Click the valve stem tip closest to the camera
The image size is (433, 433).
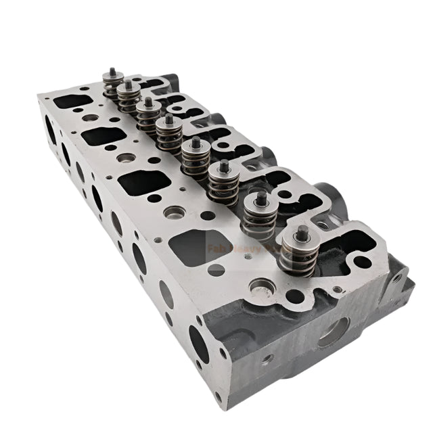pos(302,232)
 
